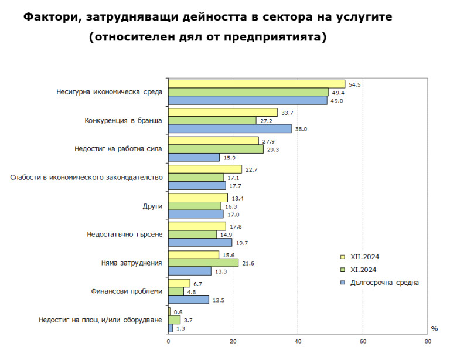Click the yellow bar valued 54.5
257,84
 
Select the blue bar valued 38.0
230,128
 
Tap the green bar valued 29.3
216,149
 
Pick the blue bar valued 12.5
188,300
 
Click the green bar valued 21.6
203,263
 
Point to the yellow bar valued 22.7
204,169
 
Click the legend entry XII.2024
364,257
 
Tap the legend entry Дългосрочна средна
384,283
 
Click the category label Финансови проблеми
127,291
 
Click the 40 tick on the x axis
298,341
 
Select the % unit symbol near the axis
434,328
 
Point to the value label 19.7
241,243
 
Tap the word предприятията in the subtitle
277,37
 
